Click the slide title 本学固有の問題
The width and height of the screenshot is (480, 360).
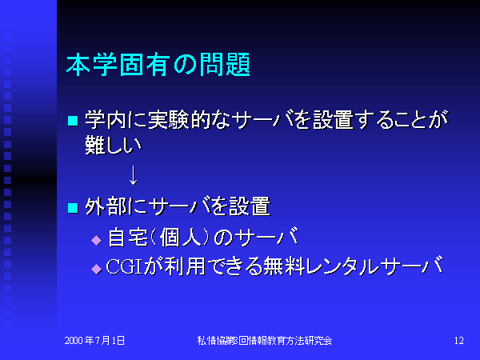(x=158, y=65)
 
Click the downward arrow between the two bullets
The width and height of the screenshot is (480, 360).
(x=133, y=175)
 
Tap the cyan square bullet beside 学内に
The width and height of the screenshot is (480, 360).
(x=73, y=121)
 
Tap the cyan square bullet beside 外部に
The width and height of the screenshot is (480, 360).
(x=73, y=208)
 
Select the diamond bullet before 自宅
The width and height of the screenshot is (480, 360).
(x=97, y=240)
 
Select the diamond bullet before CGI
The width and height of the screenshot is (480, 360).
(x=97, y=269)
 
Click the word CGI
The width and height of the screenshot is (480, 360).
(x=124, y=266)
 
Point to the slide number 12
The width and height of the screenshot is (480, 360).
(x=459, y=341)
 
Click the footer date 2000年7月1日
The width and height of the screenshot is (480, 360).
(x=94, y=341)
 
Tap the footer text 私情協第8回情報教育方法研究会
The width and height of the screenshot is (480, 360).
(x=265, y=341)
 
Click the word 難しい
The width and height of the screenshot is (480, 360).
(x=114, y=145)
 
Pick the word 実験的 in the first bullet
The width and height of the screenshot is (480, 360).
(x=179, y=119)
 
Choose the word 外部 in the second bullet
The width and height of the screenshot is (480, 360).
(x=106, y=206)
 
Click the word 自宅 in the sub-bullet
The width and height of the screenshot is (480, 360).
(x=128, y=238)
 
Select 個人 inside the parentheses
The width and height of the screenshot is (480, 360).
(x=181, y=238)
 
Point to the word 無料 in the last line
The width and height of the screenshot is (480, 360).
(x=284, y=266)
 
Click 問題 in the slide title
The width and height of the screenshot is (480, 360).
(x=225, y=65)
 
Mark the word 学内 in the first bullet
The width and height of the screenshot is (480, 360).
(x=106, y=119)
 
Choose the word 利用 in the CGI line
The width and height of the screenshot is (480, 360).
(x=185, y=266)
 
